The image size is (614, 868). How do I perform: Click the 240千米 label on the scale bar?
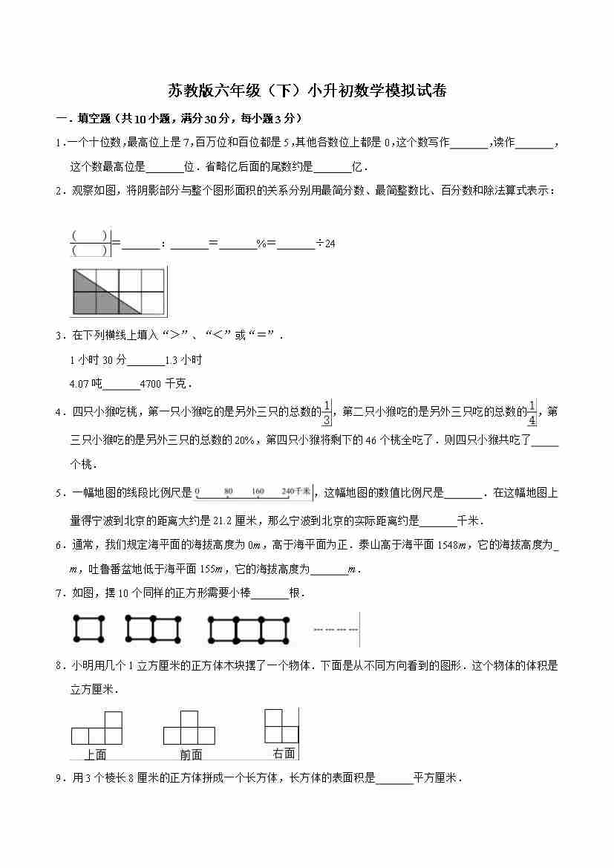[296, 492]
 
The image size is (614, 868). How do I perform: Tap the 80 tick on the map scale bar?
[228, 492]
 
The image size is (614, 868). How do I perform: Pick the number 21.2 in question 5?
[223, 521]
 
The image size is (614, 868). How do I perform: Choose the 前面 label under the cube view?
[190, 754]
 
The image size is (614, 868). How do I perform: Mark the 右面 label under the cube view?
[283, 753]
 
